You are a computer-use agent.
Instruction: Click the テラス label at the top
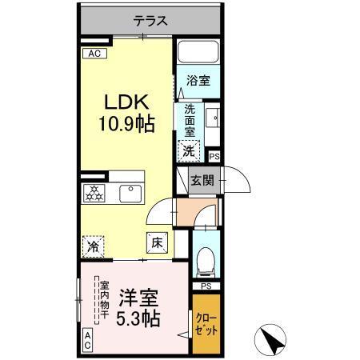pos(150,21)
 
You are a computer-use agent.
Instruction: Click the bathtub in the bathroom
pos(198,54)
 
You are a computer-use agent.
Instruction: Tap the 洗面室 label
pos(190,120)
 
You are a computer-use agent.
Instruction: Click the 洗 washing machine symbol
pos(189,150)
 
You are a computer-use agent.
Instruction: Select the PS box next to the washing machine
pos(214,158)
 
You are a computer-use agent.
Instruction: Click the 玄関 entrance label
pos(201,181)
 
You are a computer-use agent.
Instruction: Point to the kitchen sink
pos(128,193)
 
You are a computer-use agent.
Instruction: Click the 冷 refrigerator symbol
pos(93,247)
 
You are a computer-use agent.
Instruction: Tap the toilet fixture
pos(206,258)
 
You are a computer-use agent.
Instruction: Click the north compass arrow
pos(274,337)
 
